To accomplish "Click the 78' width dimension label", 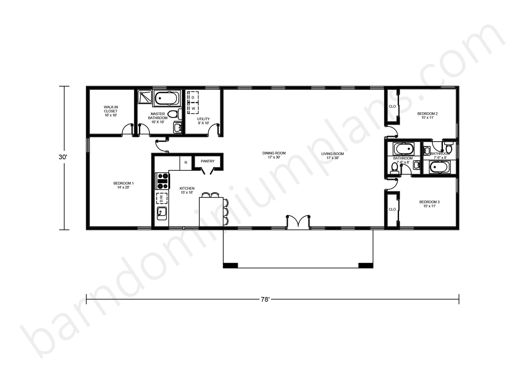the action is click(x=265, y=299).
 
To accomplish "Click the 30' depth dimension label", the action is click(x=63, y=157).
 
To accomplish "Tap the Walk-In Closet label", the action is click(x=111, y=109).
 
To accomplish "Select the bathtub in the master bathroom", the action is click(x=166, y=98).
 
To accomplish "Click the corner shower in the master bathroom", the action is click(x=145, y=97).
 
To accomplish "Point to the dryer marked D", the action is click(x=193, y=97).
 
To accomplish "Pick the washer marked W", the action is click(x=193, y=108).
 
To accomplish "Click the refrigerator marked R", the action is click(x=186, y=163).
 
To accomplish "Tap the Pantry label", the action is click(x=208, y=161).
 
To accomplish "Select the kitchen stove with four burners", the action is click(x=162, y=181).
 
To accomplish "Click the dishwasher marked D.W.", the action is click(x=162, y=198).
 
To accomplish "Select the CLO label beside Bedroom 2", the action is click(x=392, y=107).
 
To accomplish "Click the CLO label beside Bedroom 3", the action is click(x=392, y=209).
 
